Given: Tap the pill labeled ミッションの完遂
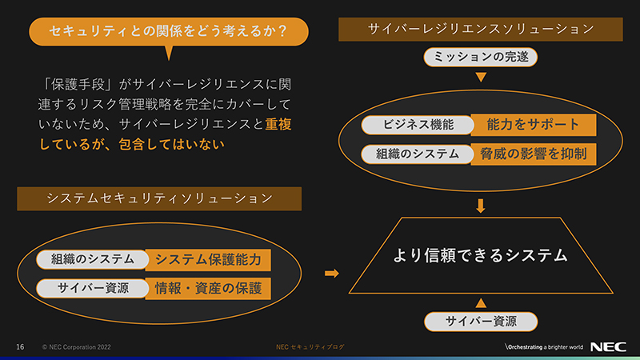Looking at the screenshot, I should coord(480,57).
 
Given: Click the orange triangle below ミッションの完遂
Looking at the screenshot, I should coord(481,78).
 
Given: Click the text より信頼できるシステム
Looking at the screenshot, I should coord(480,256).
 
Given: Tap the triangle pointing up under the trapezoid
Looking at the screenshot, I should coord(481,302).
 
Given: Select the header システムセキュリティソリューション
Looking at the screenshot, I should coord(159,198).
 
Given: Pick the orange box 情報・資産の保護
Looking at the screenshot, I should coord(208,288).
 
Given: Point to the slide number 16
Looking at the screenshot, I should coord(21,346).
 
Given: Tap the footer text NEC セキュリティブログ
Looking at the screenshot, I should coord(311,346).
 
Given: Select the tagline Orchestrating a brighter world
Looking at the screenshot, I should coord(543,346).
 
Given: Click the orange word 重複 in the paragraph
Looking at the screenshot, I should coord(279,125).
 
